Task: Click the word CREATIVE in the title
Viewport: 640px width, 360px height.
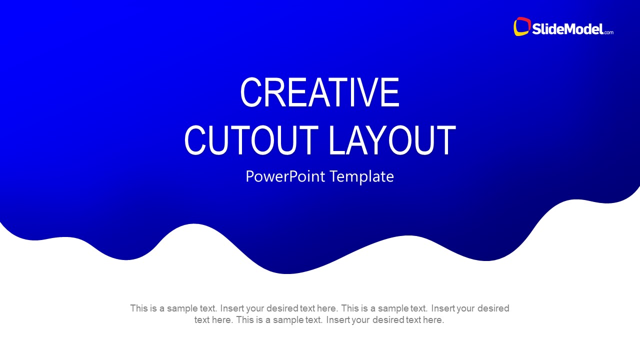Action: click(x=319, y=92)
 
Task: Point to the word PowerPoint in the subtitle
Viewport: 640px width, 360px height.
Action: click(x=285, y=176)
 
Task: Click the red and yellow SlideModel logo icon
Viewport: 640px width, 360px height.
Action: click(x=521, y=27)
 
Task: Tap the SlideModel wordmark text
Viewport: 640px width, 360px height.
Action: click(x=567, y=29)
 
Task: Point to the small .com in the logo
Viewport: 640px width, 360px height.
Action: click(x=608, y=32)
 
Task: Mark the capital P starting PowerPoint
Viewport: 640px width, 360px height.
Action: click(x=250, y=176)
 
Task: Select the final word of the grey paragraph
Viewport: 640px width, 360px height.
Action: click(x=433, y=320)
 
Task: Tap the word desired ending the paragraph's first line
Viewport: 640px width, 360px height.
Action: click(x=493, y=308)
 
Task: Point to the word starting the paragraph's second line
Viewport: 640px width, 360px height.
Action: click(x=202, y=320)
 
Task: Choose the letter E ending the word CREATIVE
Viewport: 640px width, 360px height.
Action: click(x=391, y=92)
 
